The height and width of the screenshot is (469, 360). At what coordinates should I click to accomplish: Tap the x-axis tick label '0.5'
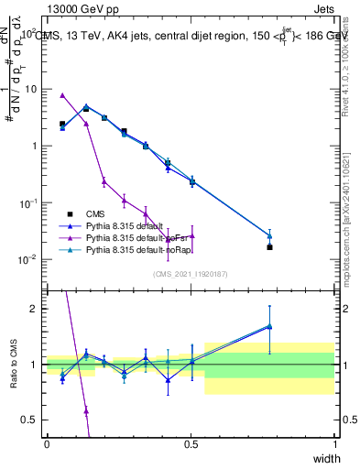[191, 442]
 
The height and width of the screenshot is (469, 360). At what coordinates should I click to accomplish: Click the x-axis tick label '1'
[334, 442]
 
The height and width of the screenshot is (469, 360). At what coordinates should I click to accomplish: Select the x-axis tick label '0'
[47, 442]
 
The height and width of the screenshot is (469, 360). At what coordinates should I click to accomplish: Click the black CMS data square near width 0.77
[269, 247]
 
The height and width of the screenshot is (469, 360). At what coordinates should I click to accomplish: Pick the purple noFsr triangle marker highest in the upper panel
[62, 95]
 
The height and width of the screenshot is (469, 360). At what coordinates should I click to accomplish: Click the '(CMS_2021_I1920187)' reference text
[191, 274]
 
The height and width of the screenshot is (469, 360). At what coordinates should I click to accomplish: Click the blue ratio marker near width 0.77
[269, 325]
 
